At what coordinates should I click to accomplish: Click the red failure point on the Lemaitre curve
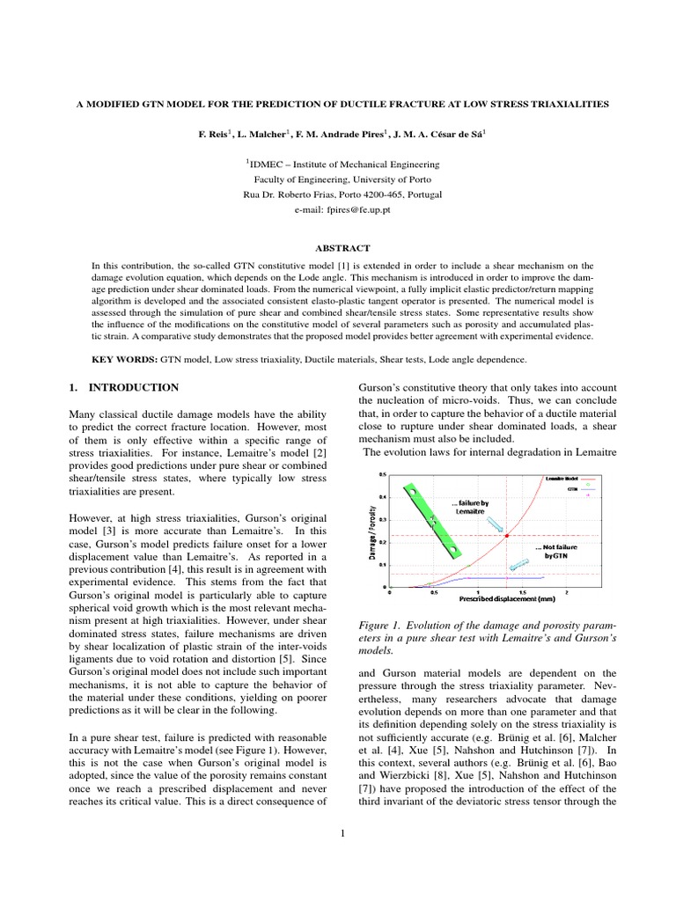tap(507, 535)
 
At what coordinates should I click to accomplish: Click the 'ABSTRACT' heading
tap(338, 248)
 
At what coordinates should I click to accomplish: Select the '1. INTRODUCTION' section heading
tap(124, 387)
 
